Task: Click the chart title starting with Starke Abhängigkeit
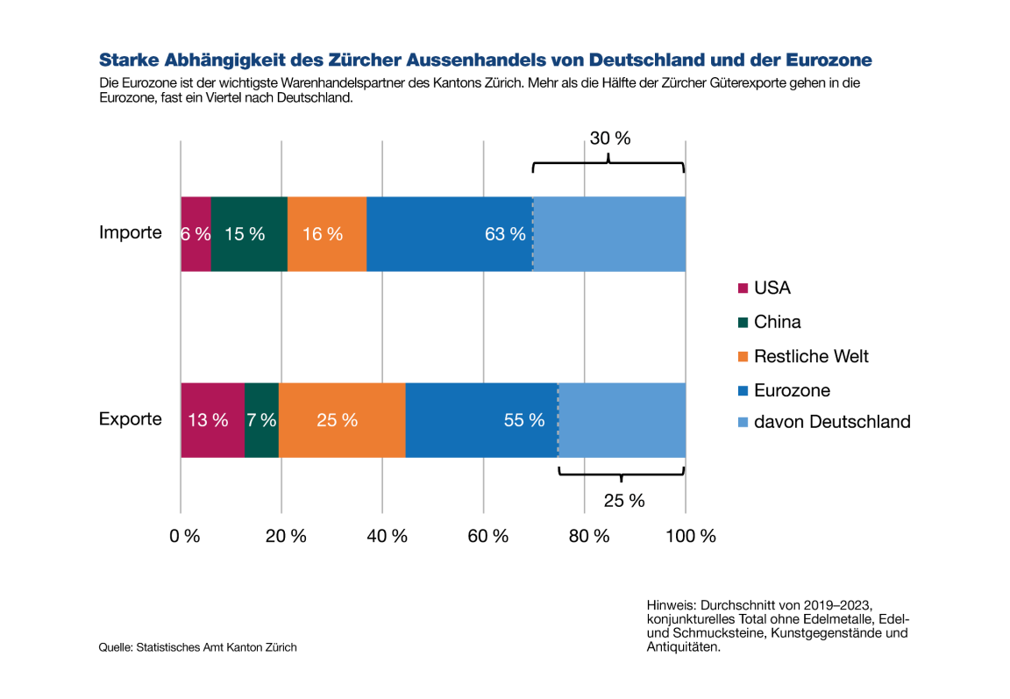485,60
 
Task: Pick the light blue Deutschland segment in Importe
608,234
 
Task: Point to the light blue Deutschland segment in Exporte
622,420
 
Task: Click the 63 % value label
505,234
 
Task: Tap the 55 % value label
523,420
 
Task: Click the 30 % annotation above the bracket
609,139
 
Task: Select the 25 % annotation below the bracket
623,501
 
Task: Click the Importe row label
130,232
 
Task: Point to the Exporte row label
130,418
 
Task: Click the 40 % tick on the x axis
387,536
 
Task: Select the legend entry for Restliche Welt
810,356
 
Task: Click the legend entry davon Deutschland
831,421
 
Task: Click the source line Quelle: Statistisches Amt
197,647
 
